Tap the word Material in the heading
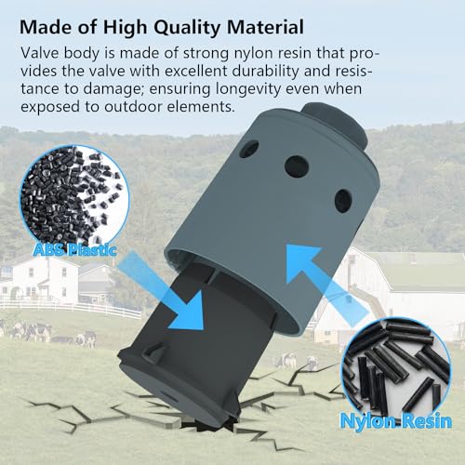pos(265,27)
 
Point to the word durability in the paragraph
pos(265,71)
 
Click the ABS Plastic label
pos(74,250)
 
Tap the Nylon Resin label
pos(396,420)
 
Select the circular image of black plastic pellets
pos(74,198)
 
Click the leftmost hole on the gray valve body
pos(249,149)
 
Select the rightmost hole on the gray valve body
pos(343,201)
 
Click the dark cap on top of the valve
pos(336,125)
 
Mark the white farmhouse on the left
pos(44,281)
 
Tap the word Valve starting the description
pos(40,53)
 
